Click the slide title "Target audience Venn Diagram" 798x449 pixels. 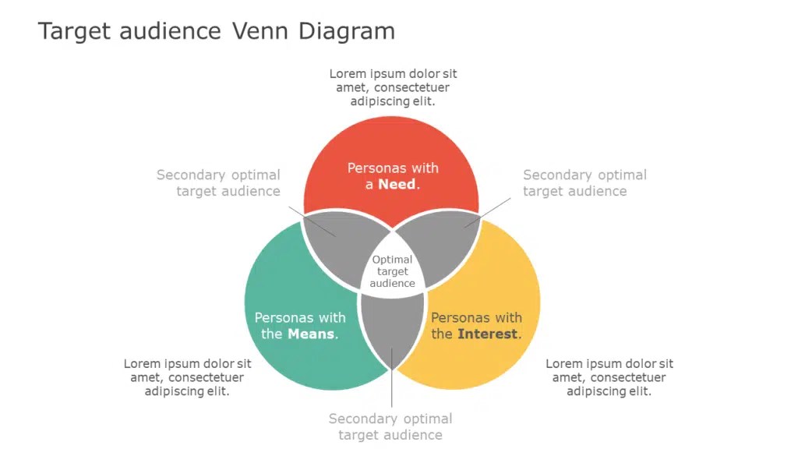216,31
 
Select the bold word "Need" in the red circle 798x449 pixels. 397,185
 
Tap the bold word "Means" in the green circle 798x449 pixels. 312,334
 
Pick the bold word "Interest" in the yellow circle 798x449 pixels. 487,334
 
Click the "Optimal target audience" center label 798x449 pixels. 392,271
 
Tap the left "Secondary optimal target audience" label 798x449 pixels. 218,183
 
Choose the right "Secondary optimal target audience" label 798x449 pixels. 584,183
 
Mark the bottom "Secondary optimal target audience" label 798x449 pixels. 390,427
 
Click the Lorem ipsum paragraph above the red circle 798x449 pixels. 393,87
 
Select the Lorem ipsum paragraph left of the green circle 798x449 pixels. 187,377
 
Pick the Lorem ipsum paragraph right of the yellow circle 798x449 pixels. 609,377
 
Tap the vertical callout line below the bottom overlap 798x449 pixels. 391,390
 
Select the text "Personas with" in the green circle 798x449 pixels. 300,318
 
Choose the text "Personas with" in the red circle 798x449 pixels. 393,168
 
